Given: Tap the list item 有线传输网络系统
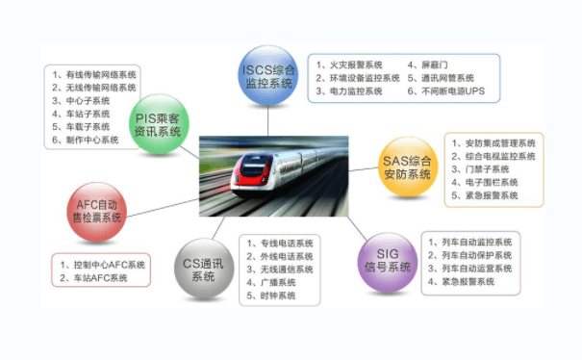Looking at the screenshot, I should click(95, 73).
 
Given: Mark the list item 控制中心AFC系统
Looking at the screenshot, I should click(103, 264).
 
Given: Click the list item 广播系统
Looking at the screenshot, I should click(272, 283).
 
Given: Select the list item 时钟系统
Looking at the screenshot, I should click(272, 296).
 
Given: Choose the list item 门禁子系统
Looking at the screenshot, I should click(483, 168).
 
